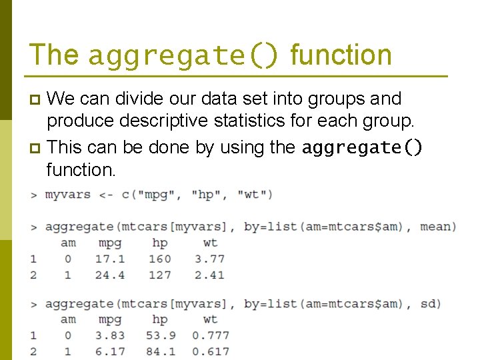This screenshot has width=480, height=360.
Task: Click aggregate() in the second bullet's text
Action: pyautogui.click(x=362, y=147)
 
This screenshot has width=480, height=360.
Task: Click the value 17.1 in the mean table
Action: pyautogui.click(x=110, y=259)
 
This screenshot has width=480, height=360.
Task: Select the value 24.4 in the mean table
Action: pyautogui.click(x=110, y=275)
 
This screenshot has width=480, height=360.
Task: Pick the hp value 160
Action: pyautogui.click(x=160, y=259)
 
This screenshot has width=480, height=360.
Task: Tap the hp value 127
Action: pyautogui.click(x=160, y=275)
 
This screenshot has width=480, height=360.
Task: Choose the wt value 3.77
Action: pyautogui.click(x=210, y=259)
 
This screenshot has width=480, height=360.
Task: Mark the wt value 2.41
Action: pyautogui.click(x=210, y=275)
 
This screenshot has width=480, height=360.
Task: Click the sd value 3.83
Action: pyautogui.click(x=110, y=335)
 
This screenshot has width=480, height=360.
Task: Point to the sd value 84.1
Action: pyautogui.click(x=160, y=351)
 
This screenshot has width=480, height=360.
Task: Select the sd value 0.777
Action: pyautogui.click(x=210, y=335)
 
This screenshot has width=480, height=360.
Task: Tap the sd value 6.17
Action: pyautogui.click(x=110, y=351)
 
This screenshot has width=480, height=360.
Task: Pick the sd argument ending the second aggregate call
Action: pyautogui.click(x=428, y=304)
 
